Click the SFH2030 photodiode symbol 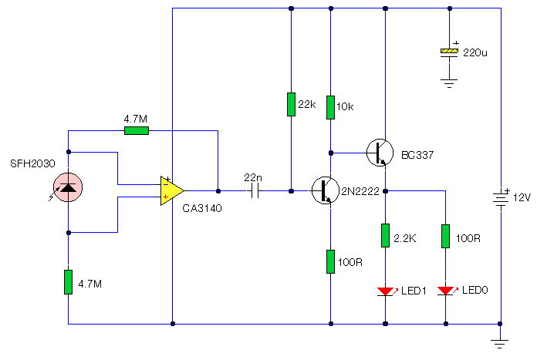pos(68,187)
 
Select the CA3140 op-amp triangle pos(172,190)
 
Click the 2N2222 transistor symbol pos(326,190)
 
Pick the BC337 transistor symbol pos(380,153)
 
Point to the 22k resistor pos(291,104)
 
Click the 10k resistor pos(330,107)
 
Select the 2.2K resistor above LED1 pos(385,235)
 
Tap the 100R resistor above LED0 pos(445,236)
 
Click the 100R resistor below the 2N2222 pos(330,262)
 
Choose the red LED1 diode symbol pos(387,291)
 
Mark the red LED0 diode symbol pos(447,291)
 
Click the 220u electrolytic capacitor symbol pos(449,52)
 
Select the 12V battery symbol pos(501,197)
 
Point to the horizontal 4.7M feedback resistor pos(137,130)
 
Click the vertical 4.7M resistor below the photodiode pos(68,282)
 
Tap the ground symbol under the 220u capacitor pos(449,83)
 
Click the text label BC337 pos(417,155)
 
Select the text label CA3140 pos(202,208)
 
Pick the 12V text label pos(522,197)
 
